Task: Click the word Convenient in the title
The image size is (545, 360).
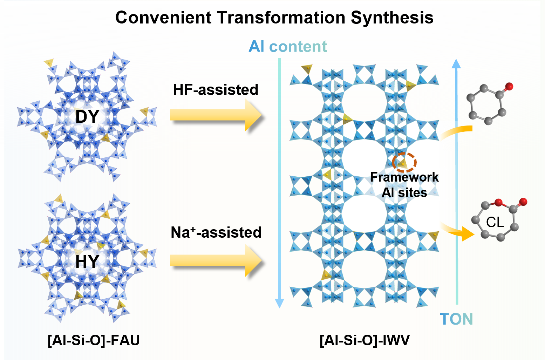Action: (x=163, y=18)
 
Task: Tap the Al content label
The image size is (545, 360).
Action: (x=288, y=47)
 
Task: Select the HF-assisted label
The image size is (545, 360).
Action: (x=216, y=90)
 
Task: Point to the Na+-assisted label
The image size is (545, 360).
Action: (x=216, y=232)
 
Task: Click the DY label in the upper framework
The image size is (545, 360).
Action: (x=87, y=117)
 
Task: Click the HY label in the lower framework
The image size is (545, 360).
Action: (x=87, y=261)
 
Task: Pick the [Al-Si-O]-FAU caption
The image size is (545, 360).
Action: (x=94, y=340)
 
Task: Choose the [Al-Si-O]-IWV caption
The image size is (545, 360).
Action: (x=365, y=340)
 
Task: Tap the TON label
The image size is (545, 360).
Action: (x=456, y=319)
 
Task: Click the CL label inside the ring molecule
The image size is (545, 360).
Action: (x=495, y=222)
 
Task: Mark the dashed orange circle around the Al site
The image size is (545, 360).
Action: (x=404, y=162)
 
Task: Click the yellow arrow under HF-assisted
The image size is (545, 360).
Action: (x=216, y=115)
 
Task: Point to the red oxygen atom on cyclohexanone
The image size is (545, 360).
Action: (x=509, y=86)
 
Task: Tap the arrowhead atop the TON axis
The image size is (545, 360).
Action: (x=456, y=63)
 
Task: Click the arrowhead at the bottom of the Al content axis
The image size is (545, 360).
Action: (x=279, y=303)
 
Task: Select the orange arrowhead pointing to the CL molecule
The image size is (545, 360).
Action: (x=467, y=233)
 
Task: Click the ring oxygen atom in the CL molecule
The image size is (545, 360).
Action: (x=498, y=203)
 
